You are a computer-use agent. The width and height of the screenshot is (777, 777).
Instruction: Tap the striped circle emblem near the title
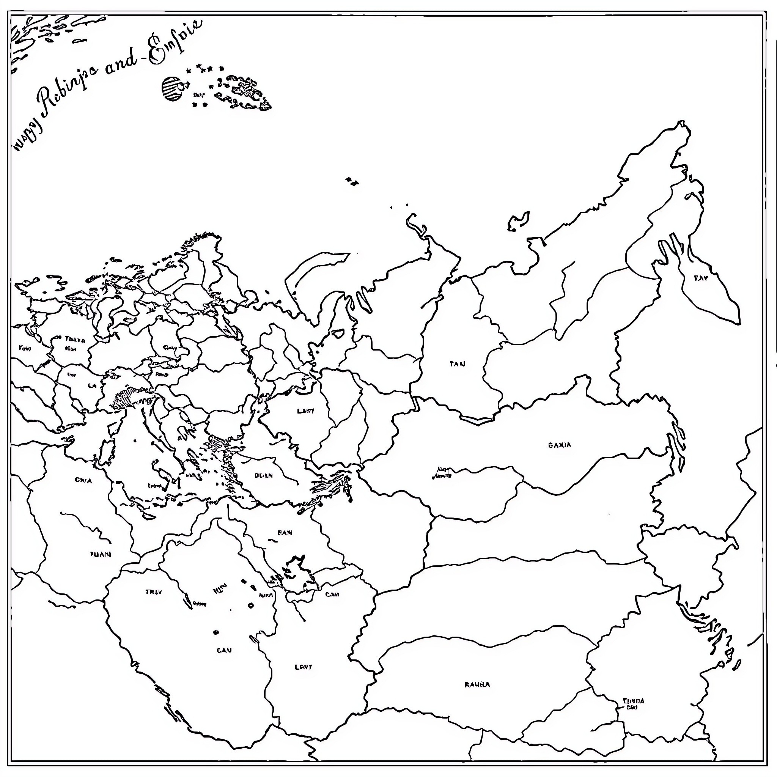(x=172, y=88)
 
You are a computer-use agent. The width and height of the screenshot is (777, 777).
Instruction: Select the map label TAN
(x=457, y=364)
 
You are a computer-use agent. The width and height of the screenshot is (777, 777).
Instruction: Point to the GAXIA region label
(x=559, y=445)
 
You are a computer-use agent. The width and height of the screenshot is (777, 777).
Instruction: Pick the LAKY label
(x=306, y=411)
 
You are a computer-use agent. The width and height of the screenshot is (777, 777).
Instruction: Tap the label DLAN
(x=263, y=475)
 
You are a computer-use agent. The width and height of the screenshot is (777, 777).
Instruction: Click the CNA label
(x=83, y=480)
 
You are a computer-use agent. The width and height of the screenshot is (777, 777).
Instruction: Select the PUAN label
(x=100, y=554)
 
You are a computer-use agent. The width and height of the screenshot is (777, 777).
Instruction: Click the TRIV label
(x=153, y=592)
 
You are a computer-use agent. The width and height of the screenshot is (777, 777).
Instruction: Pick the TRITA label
(x=75, y=340)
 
